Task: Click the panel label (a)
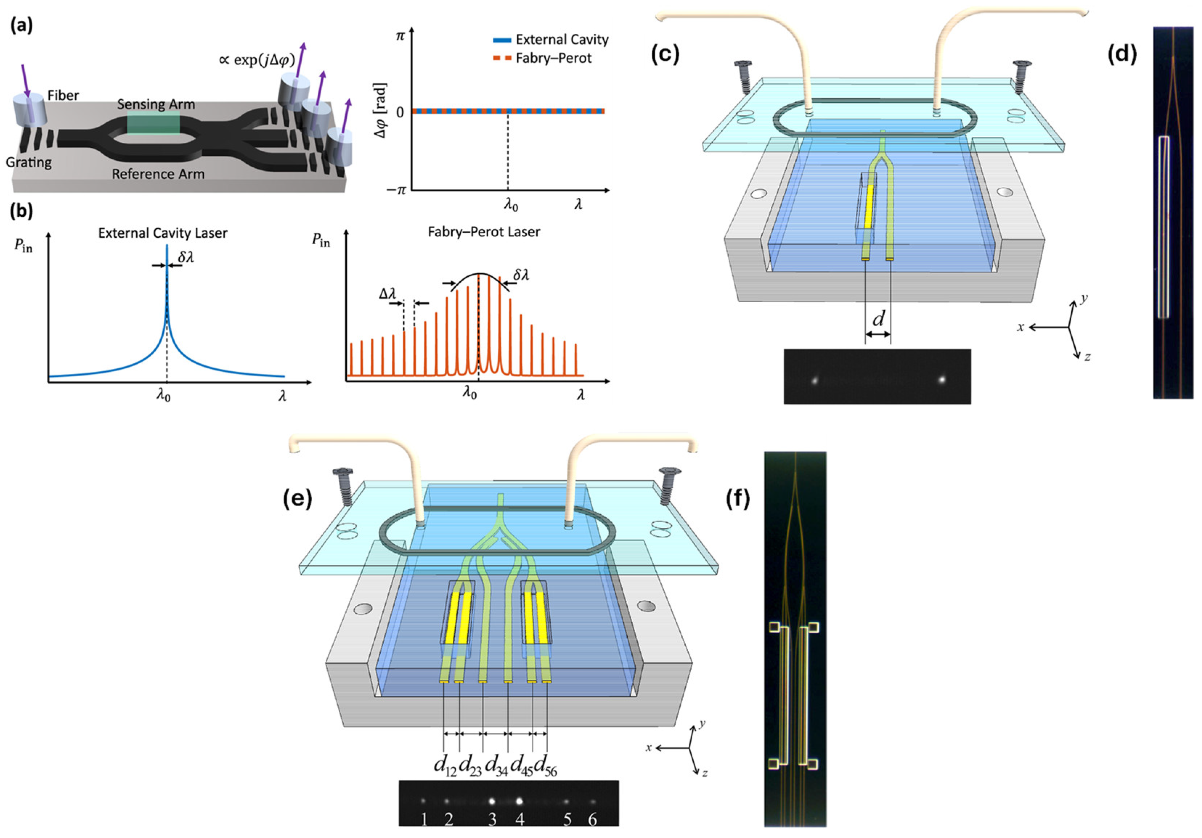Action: (21, 25)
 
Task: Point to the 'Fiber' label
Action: (63, 95)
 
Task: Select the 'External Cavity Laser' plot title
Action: (162, 233)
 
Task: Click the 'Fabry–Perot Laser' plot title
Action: (483, 232)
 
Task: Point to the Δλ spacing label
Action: (387, 294)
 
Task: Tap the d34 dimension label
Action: (496, 766)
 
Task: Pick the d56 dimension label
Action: (546, 766)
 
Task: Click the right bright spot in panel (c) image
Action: (942, 380)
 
